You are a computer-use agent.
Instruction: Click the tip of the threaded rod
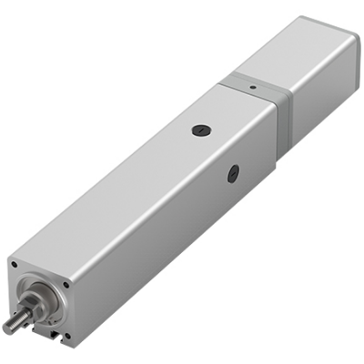(x=6, y=328)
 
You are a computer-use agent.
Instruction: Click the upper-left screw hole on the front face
(x=14, y=265)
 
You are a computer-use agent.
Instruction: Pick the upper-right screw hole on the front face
(x=66, y=285)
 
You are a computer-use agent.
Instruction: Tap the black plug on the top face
(x=199, y=130)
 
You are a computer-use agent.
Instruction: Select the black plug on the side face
(x=234, y=170)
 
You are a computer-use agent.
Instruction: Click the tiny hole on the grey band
(x=251, y=87)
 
